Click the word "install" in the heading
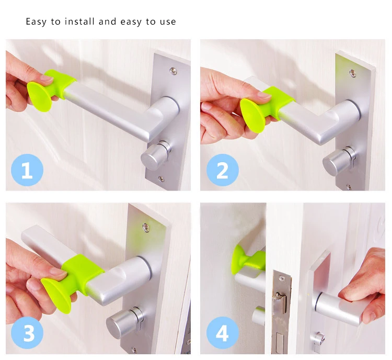pos(79,21)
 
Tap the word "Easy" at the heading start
pos(36,22)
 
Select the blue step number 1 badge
pos(27,170)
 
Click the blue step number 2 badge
pos(222,170)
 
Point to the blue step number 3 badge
pos(27,333)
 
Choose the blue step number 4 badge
pos(222,333)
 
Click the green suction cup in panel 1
pos(38,96)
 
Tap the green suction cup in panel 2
pos(251,114)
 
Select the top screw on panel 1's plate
pos(173,71)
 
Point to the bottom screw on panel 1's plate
pos(161,179)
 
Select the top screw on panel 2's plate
pos(353,73)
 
